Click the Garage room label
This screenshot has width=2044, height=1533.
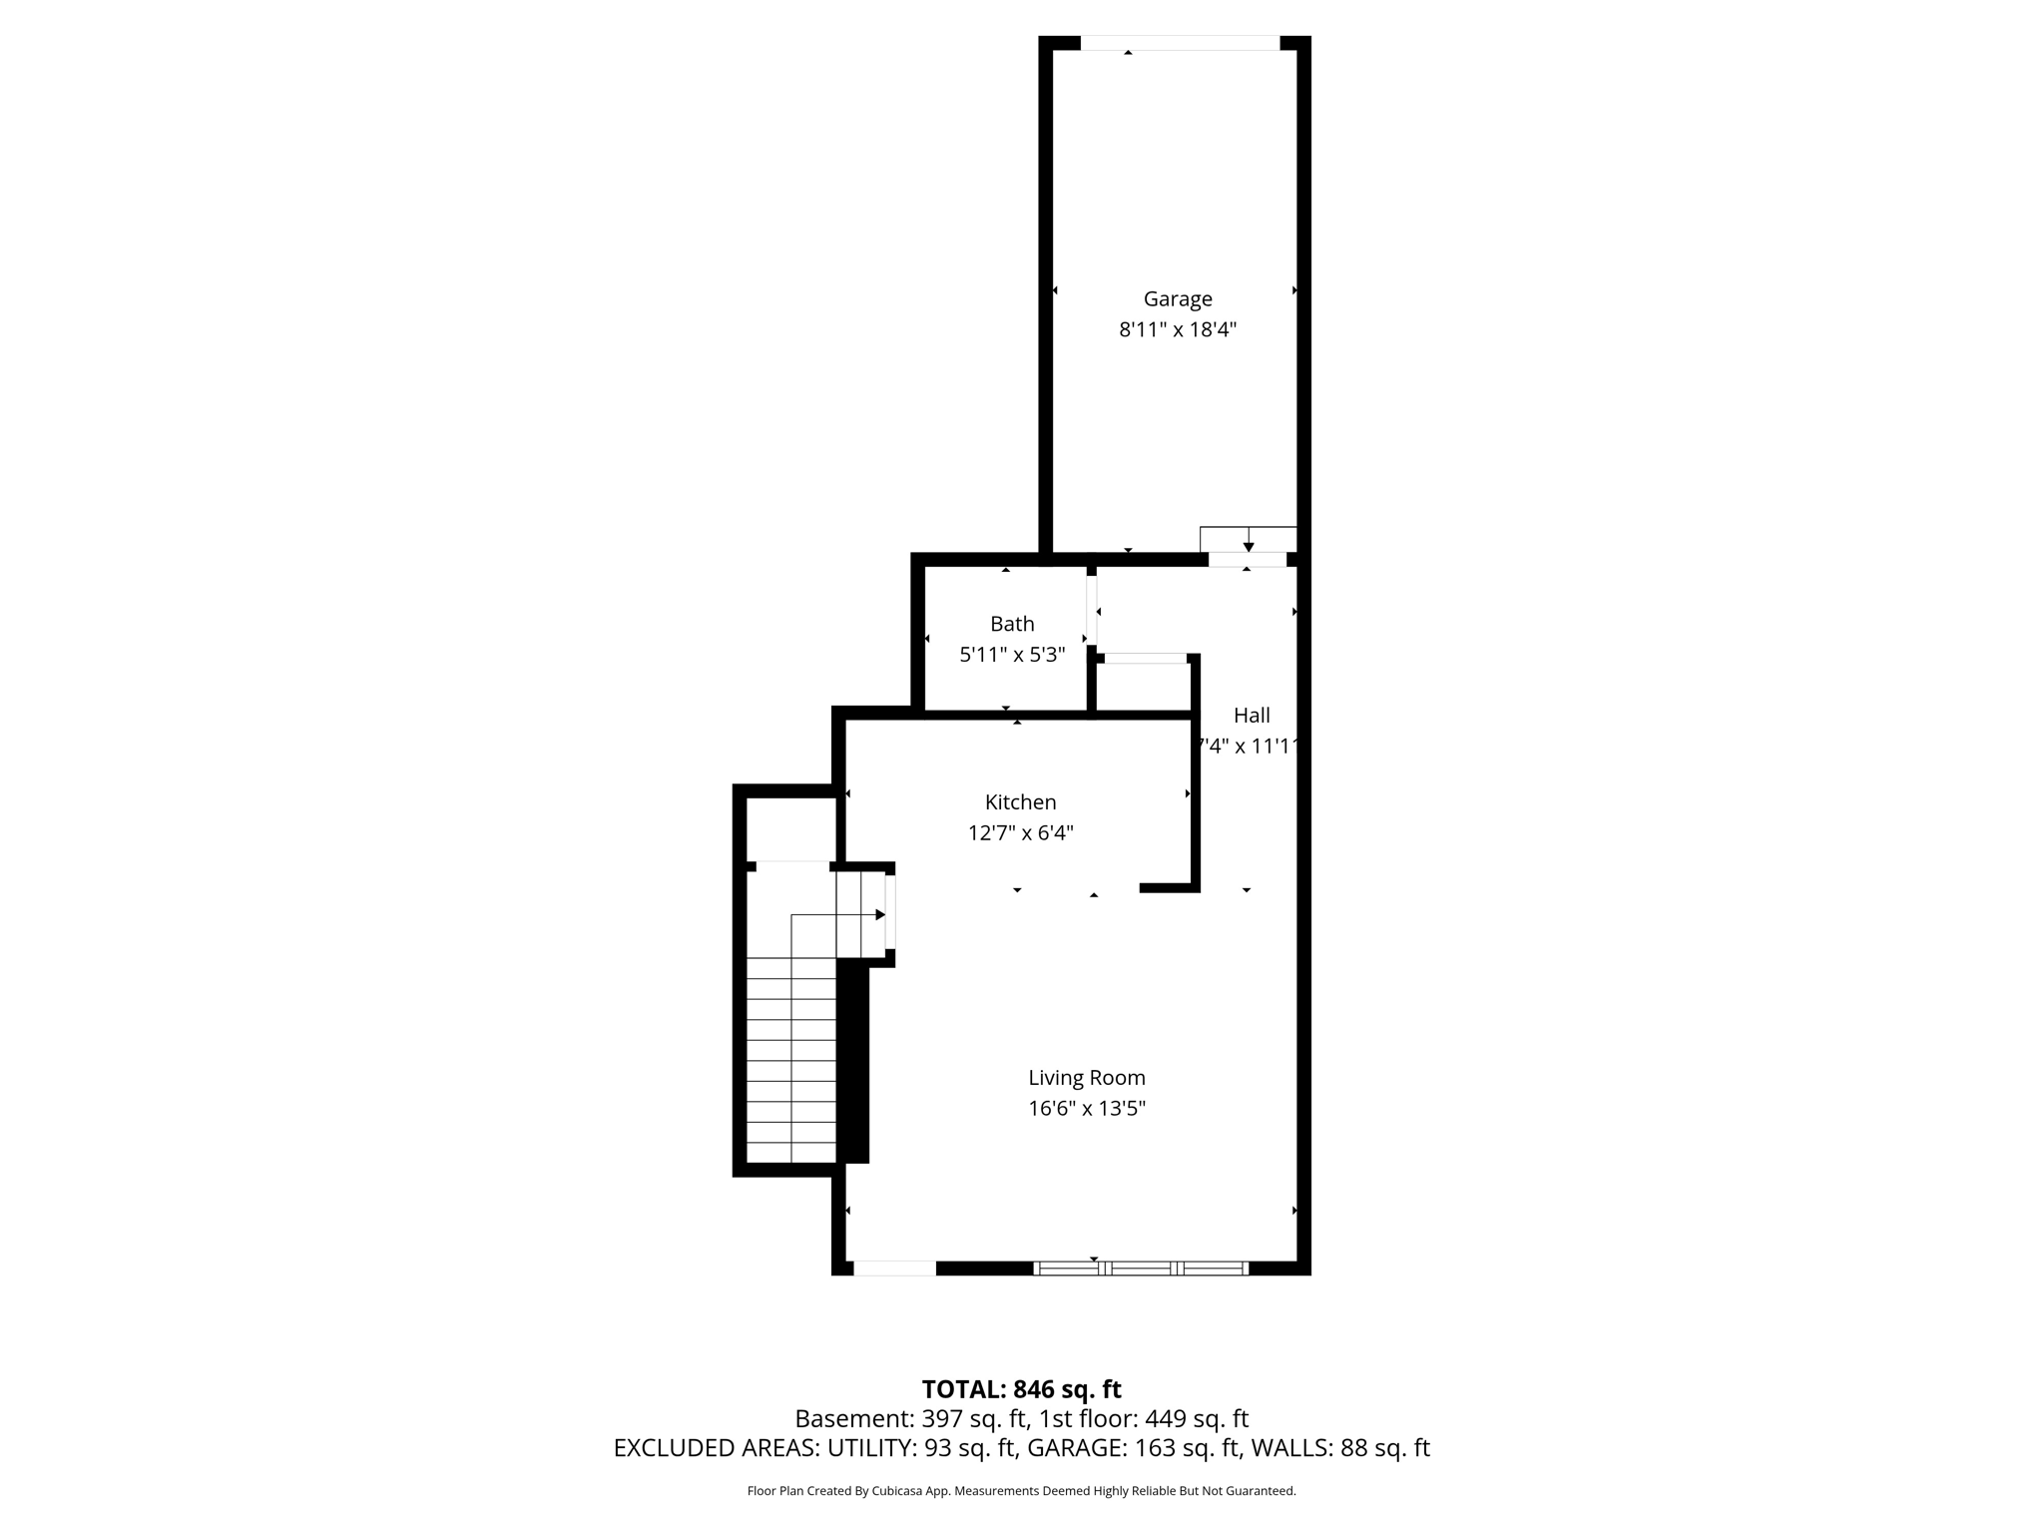point(1178,298)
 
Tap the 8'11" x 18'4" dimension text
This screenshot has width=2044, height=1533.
point(1178,329)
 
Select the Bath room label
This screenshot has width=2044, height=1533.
point(1012,624)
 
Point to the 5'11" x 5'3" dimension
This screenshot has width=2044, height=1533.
point(1012,655)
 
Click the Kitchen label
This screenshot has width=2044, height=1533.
point(1020,801)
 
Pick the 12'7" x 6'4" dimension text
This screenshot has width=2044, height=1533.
point(1020,832)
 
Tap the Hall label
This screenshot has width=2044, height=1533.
point(1252,715)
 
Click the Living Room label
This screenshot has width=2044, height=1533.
point(1087,1078)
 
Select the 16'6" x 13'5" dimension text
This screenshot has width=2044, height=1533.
point(1087,1108)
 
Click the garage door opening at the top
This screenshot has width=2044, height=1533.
point(1180,43)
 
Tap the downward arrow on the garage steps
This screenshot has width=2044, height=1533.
point(1249,546)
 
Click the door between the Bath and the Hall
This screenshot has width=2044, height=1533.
point(1092,611)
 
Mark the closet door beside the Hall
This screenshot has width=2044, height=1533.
point(1145,658)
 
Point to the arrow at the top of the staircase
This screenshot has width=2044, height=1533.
point(879,914)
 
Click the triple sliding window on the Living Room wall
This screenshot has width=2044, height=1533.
point(1141,1269)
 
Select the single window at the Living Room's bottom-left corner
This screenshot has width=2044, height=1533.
point(894,1269)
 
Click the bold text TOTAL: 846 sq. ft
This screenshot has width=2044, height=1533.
point(1021,1389)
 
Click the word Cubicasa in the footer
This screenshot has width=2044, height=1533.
point(895,1491)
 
